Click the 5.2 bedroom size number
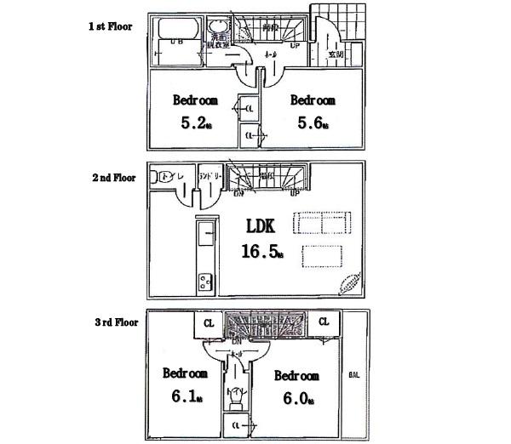(193, 122)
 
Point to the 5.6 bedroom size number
(309, 122)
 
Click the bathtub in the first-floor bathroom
(176, 45)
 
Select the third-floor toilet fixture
(234, 395)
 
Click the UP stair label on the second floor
(294, 192)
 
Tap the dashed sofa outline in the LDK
(322, 223)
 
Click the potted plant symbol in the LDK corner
(349, 284)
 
